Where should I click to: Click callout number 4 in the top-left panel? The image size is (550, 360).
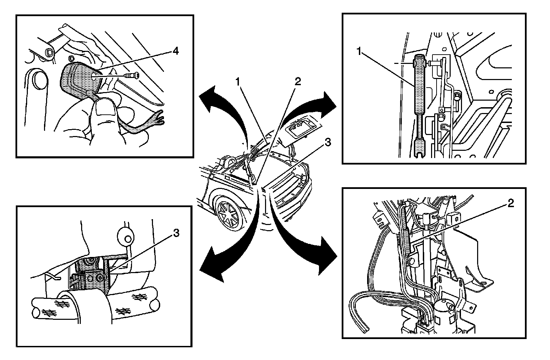176,51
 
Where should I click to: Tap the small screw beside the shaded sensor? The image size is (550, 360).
132,75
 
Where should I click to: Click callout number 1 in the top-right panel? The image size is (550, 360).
359,52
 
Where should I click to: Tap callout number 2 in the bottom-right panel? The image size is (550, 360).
510,203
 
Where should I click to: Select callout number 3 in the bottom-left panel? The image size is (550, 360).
176,233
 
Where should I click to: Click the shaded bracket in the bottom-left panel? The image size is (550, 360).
92,275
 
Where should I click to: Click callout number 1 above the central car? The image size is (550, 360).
238,82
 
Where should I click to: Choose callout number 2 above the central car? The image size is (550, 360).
298,81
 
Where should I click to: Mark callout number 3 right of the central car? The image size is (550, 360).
328,142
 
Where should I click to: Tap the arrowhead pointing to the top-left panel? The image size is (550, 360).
209,99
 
